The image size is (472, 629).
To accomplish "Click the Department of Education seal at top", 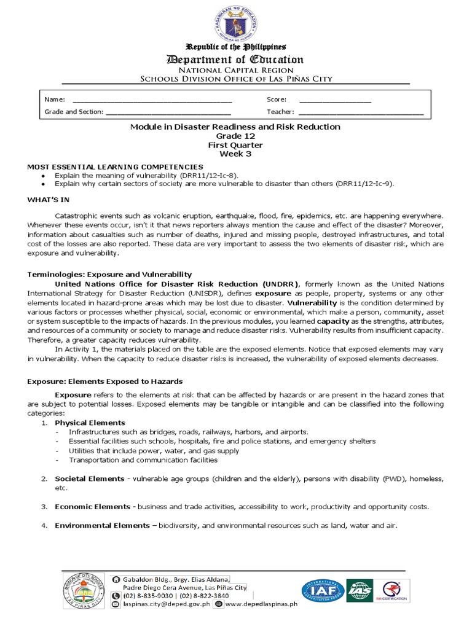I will coord(237,21).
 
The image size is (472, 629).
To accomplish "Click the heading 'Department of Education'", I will coord(236,60).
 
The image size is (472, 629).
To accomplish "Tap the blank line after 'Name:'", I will coord(152,100).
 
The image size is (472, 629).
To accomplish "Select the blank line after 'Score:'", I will coord(335,100).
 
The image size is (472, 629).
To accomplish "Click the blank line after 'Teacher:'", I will coord(361,112).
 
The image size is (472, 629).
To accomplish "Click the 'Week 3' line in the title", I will coord(235,154).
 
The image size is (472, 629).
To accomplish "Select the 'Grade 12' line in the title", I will coord(235,136).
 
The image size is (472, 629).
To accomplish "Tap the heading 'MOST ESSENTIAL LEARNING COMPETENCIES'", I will coord(115,166).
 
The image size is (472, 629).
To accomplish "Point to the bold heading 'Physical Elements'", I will coord(90,423).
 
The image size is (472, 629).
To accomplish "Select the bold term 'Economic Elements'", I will coord(92,507).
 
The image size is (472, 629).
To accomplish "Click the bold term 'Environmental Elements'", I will coord(102,525).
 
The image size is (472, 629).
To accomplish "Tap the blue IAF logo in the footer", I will coord(323,590).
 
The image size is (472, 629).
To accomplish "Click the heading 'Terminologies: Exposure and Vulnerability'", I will coord(109,274).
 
